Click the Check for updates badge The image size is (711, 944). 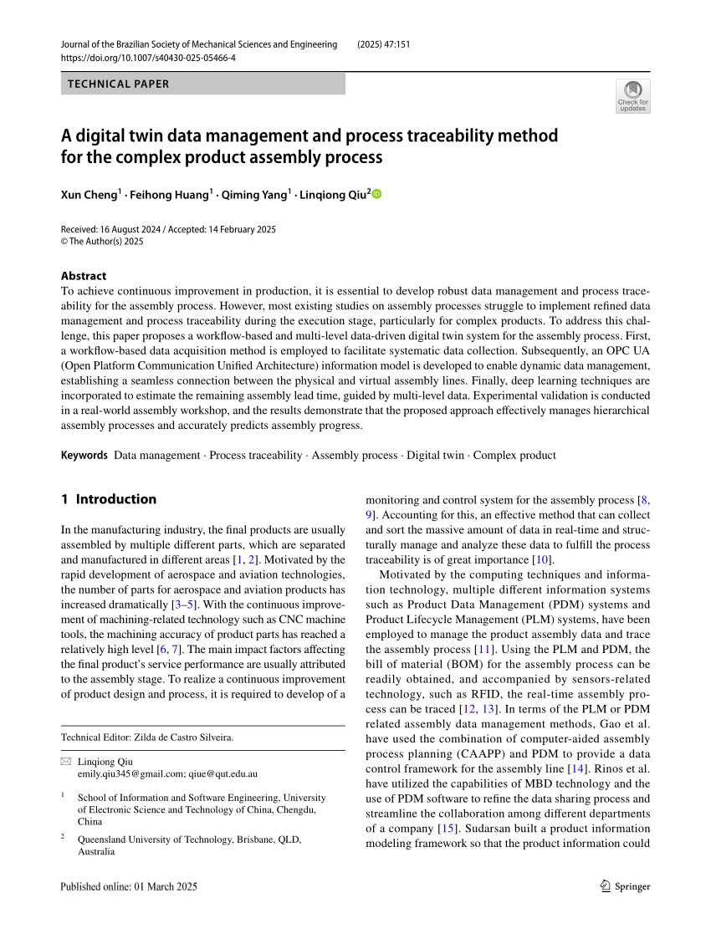[x=632, y=96]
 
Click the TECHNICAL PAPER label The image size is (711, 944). [x=118, y=84]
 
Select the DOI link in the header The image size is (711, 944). [x=148, y=58]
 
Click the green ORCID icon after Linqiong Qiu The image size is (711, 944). [x=376, y=195]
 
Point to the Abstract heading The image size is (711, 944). [x=84, y=276]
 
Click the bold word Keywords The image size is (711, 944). [x=84, y=456]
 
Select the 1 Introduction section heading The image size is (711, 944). [x=109, y=499]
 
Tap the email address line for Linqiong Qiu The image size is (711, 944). [x=167, y=774]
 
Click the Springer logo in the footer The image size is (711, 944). [x=626, y=887]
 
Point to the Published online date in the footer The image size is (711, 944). [x=129, y=887]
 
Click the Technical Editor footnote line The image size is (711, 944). [x=147, y=737]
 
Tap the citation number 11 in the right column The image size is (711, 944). [x=505, y=650]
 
